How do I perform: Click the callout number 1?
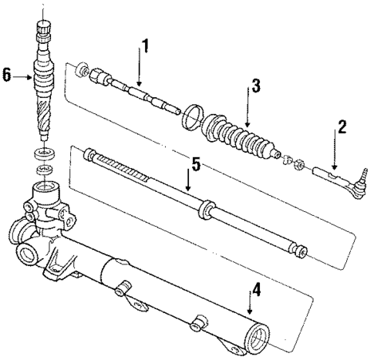(143, 45)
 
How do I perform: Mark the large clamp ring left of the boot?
(192, 118)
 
